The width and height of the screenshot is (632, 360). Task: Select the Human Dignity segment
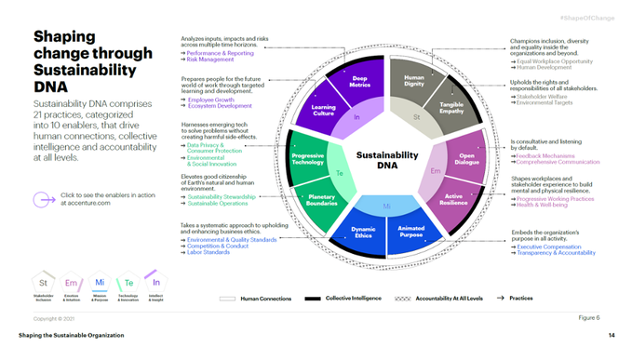click(x=414, y=83)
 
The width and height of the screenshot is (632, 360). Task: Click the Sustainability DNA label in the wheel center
click(x=387, y=158)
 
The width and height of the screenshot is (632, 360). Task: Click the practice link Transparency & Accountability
click(x=556, y=252)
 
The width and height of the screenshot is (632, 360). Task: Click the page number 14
click(x=612, y=334)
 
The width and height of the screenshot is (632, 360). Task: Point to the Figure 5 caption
click(x=588, y=317)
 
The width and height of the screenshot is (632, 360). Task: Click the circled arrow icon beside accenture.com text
click(x=41, y=198)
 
